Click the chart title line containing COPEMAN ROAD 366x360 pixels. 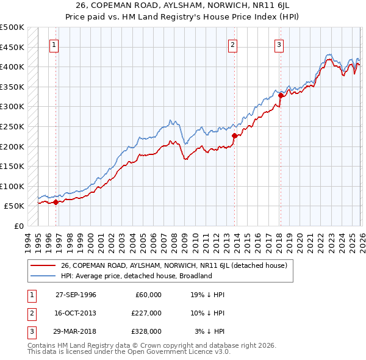(x=183, y=6)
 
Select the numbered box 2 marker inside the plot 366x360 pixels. (x=233, y=44)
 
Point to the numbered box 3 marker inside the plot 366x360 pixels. (x=279, y=44)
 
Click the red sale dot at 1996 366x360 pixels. (x=56, y=202)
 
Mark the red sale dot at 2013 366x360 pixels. (x=234, y=135)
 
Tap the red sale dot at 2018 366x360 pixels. (x=281, y=95)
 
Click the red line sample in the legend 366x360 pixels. (x=43, y=265)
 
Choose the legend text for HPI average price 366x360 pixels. (x=135, y=276)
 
